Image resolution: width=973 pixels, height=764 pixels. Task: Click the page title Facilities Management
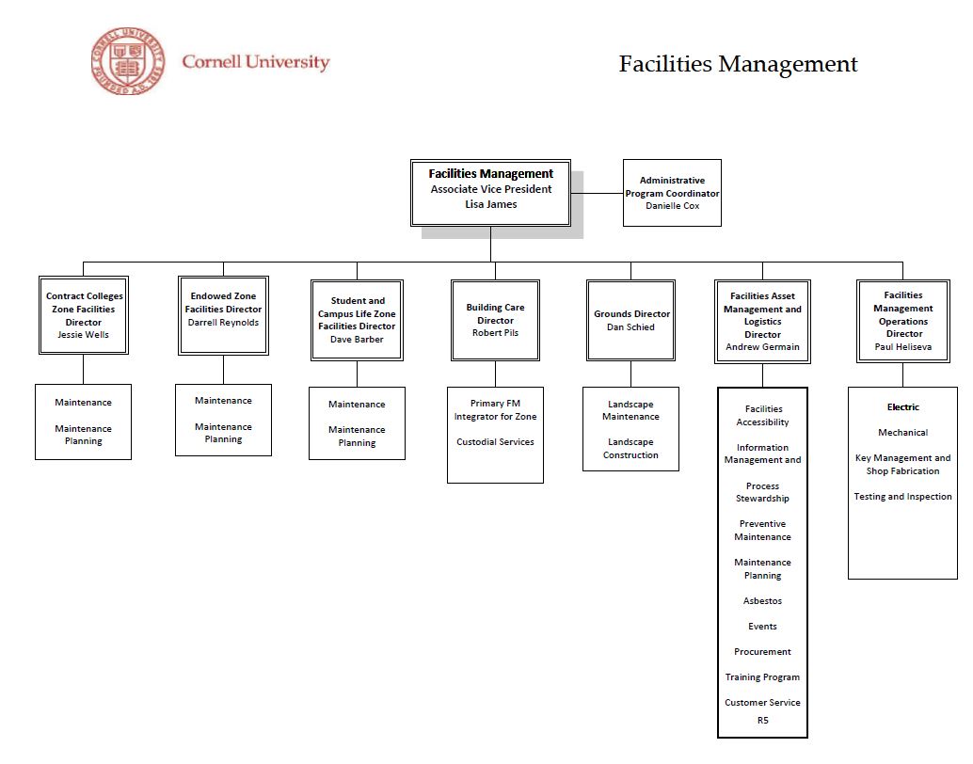point(738,64)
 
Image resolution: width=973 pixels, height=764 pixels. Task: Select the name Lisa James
point(490,204)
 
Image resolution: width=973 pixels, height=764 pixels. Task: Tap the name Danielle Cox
point(672,206)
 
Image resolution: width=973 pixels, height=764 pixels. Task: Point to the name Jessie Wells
point(83,335)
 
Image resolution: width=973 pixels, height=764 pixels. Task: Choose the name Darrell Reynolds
point(223,323)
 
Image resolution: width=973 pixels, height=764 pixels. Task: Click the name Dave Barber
point(357,340)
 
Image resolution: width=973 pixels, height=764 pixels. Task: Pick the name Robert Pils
point(495,333)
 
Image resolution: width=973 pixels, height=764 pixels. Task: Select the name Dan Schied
point(630,327)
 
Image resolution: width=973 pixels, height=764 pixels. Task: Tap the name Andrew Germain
point(762,347)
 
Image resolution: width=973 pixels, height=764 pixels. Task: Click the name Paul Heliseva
point(903,347)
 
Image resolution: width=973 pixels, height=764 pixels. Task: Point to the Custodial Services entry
point(495,442)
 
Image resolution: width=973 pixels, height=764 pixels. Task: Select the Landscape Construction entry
point(630,449)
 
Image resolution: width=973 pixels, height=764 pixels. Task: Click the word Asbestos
point(762,601)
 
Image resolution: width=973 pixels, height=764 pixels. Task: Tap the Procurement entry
point(762,652)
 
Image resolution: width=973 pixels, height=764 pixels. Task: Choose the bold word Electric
point(903,407)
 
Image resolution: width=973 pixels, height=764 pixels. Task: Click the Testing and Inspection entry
point(903,497)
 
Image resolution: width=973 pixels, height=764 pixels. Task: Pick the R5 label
point(762,722)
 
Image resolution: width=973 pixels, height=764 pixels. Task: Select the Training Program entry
point(762,677)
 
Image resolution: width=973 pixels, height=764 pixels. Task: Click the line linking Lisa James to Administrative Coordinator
point(597,194)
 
